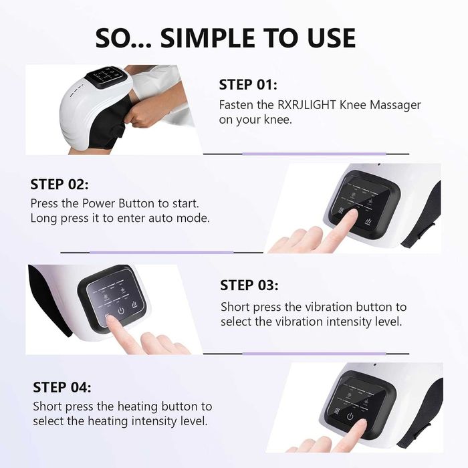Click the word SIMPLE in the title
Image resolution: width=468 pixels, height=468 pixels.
(x=208, y=38)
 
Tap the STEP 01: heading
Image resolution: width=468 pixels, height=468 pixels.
(x=248, y=84)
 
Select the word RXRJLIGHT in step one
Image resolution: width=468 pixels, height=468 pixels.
(x=307, y=105)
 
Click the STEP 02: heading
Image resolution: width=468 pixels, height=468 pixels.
(x=60, y=184)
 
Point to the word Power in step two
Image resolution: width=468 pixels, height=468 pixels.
(x=98, y=203)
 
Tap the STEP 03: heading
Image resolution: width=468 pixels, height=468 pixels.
(x=249, y=285)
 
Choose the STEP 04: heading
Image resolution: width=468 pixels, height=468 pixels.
(x=62, y=387)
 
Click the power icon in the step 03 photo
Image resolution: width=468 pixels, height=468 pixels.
(x=121, y=311)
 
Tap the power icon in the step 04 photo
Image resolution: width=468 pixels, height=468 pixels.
(x=350, y=416)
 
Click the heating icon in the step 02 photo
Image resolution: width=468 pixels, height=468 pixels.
(x=368, y=221)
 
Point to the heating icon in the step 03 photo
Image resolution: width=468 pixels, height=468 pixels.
(x=134, y=304)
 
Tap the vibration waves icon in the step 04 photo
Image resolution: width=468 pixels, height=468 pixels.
(x=337, y=412)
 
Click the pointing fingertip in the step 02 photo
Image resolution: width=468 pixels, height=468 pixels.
(x=352, y=214)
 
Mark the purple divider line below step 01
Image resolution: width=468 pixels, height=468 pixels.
(x=314, y=154)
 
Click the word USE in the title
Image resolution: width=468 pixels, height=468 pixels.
(x=332, y=38)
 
